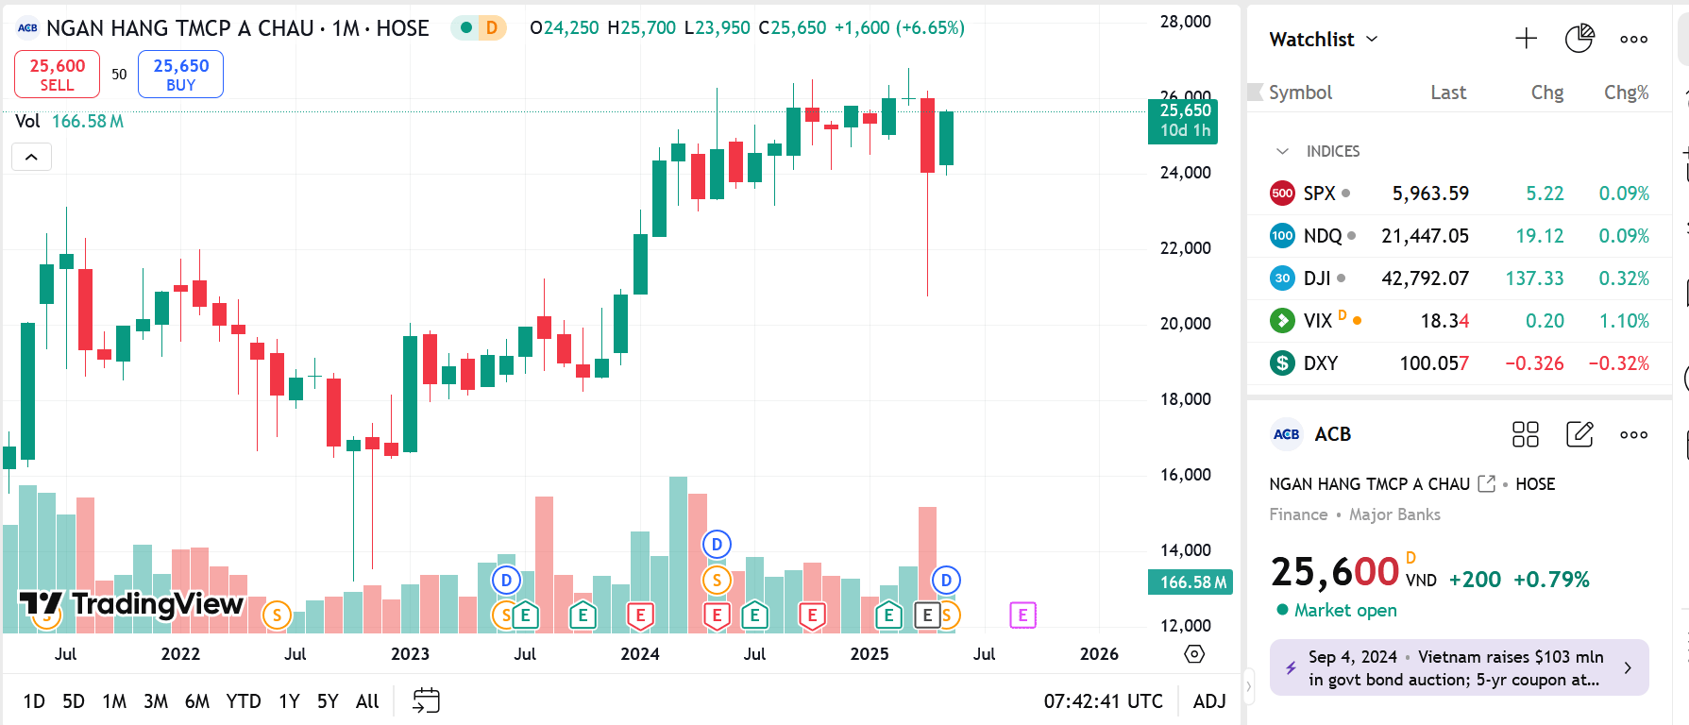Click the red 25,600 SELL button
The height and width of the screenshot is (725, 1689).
pyautogui.click(x=57, y=75)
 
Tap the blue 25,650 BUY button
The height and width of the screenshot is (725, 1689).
pyautogui.click(x=180, y=75)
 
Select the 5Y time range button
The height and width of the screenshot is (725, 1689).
pyautogui.click(x=328, y=701)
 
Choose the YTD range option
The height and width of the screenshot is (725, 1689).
pyautogui.click(x=244, y=701)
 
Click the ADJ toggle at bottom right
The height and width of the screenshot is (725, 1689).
pyautogui.click(x=1209, y=701)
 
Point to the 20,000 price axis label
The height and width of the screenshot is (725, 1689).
pyautogui.click(x=1185, y=324)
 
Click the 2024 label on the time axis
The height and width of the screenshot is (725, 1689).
pyautogui.click(x=640, y=654)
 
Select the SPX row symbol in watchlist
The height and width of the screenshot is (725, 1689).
pyautogui.click(x=1319, y=194)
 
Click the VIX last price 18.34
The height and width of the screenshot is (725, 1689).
pyautogui.click(x=1444, y=321)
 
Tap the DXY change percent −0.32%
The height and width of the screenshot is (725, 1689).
pyautogui.click(x=1618, y=363)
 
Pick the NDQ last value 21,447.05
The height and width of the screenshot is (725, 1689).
pyautogui.click(x=1425, y=236)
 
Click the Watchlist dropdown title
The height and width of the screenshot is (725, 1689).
pyautogui.click(x=1323, y=40)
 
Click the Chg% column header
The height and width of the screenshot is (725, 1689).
pyautogui.click(x=1626, y=93)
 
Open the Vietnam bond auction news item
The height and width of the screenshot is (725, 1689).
pyautogui.click(x=1459, y=668)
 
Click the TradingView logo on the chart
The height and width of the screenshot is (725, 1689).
pyautogui.click(x=132, y=604)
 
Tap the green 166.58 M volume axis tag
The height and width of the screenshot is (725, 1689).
pyautogui.click(x=1192, y=582)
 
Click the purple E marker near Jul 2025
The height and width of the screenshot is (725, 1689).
pyautogui.click(x=1022, y=615)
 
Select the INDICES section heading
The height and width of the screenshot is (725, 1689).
pyautogui.click(x=1332, y=151)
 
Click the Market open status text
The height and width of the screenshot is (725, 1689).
pyautogui.click(x=1344, y=611)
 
